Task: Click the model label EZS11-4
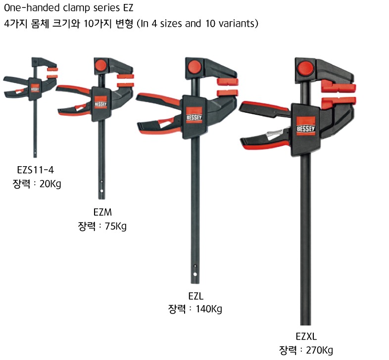point(35,170)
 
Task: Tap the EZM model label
point(102,212)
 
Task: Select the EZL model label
point(196,296)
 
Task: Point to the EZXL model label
point(306,336)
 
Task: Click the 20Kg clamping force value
point(50,184)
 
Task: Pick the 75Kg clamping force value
point(116,226)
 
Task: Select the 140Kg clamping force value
point(209,309)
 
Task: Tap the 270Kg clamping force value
point(320,350)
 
